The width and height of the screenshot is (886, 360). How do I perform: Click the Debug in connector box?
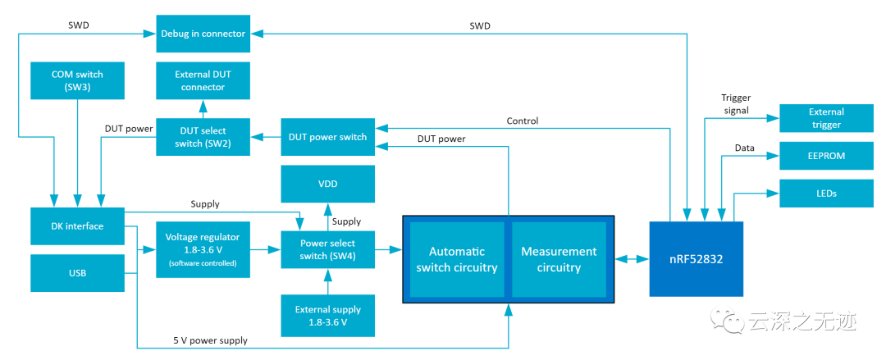click(203, 34)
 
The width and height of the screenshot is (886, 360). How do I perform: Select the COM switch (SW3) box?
click(76, 80)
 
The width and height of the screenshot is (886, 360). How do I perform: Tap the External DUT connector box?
click(203, 80)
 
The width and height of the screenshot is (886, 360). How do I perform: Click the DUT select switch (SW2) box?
click(203, 136)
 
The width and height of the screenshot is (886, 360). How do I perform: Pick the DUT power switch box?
click(327, 136)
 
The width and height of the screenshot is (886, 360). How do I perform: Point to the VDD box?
click(327, 185)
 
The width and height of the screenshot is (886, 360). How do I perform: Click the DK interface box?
click(76, 226)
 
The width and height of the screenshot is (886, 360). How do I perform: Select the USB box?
click(76, 272)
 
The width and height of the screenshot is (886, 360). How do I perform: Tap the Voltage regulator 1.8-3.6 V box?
click(203, 248)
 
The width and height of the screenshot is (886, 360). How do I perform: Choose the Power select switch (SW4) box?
click(327, 248)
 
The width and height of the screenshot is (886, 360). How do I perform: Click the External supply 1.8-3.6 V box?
click(327, 316)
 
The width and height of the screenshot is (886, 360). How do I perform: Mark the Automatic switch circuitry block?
click(456, 259)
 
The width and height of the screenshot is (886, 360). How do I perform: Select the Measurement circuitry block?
click(559, 259)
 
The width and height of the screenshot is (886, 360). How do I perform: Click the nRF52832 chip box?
click(696, 259)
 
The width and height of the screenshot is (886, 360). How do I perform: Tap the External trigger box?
click(826, 118)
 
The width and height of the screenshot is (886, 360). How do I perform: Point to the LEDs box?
click(826, 193)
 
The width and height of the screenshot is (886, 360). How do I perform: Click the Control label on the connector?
click(523, 121)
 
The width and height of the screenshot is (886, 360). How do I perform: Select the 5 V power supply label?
click(210, 340)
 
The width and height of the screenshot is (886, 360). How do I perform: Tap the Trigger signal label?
click(736, 104)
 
